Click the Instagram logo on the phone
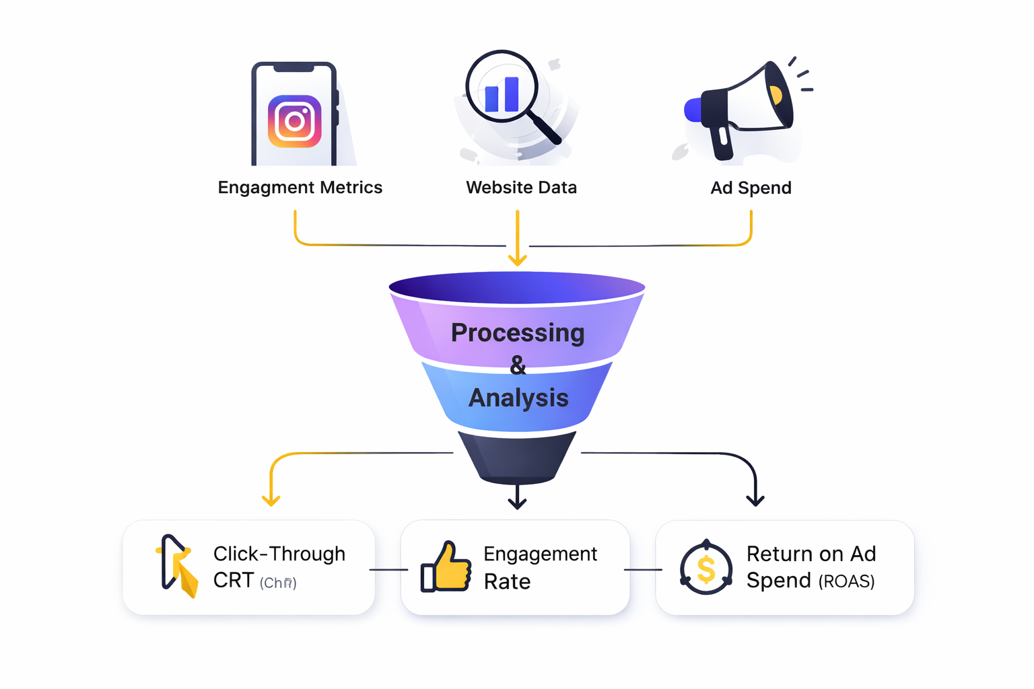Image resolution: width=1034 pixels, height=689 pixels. tap(294, 122)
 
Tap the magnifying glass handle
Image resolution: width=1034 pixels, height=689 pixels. tap(545, 127)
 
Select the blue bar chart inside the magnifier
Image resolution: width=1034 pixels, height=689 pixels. tap(502, 94)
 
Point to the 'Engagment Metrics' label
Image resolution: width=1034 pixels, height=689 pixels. tap(300, 188)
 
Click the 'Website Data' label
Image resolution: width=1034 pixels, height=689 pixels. tap(521, 188)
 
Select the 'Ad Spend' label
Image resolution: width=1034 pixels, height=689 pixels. tap(751, 188)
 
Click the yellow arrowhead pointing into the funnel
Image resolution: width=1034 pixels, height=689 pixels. tap(517, 259)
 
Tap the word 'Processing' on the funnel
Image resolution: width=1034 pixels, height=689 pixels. tap(517, 332)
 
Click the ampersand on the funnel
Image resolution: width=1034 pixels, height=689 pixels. tap(518, 365)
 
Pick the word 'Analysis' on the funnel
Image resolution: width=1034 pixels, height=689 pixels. tap(518, 398)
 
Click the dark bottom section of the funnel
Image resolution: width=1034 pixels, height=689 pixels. tap(517, 458)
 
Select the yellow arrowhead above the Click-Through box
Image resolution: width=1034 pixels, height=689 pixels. tap(271, 499)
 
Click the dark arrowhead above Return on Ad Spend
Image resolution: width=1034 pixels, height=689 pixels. tap(755, 499)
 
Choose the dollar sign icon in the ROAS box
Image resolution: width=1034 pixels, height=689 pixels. tap(705, 569)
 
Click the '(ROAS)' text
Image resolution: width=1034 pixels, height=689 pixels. tap(846, 581)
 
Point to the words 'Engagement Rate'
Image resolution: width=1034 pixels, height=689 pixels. tap(539, 567)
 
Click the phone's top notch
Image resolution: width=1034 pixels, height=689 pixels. tap(294, 68)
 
